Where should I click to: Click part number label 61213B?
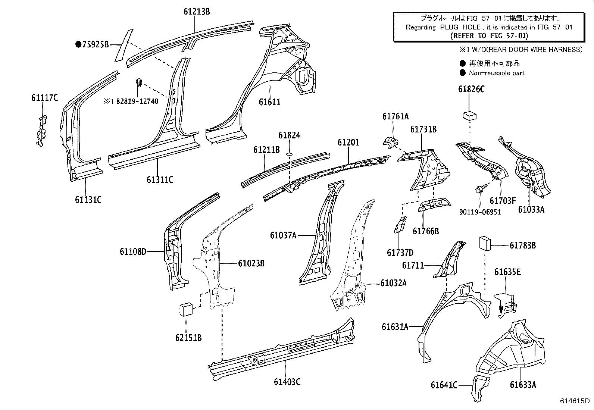click(x=196, y=12)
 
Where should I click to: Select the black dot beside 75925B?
click(x=78, y=45)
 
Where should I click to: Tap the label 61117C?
click(x=44, y=98)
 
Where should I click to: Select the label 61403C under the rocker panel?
click(x=287, y=382)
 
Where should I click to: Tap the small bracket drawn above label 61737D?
click(x=400, y=225)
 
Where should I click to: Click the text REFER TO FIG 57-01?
click(x=489, y=35)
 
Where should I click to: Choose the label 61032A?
click(x=393, y=283)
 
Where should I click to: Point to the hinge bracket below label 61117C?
click(x=41, y=131)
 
